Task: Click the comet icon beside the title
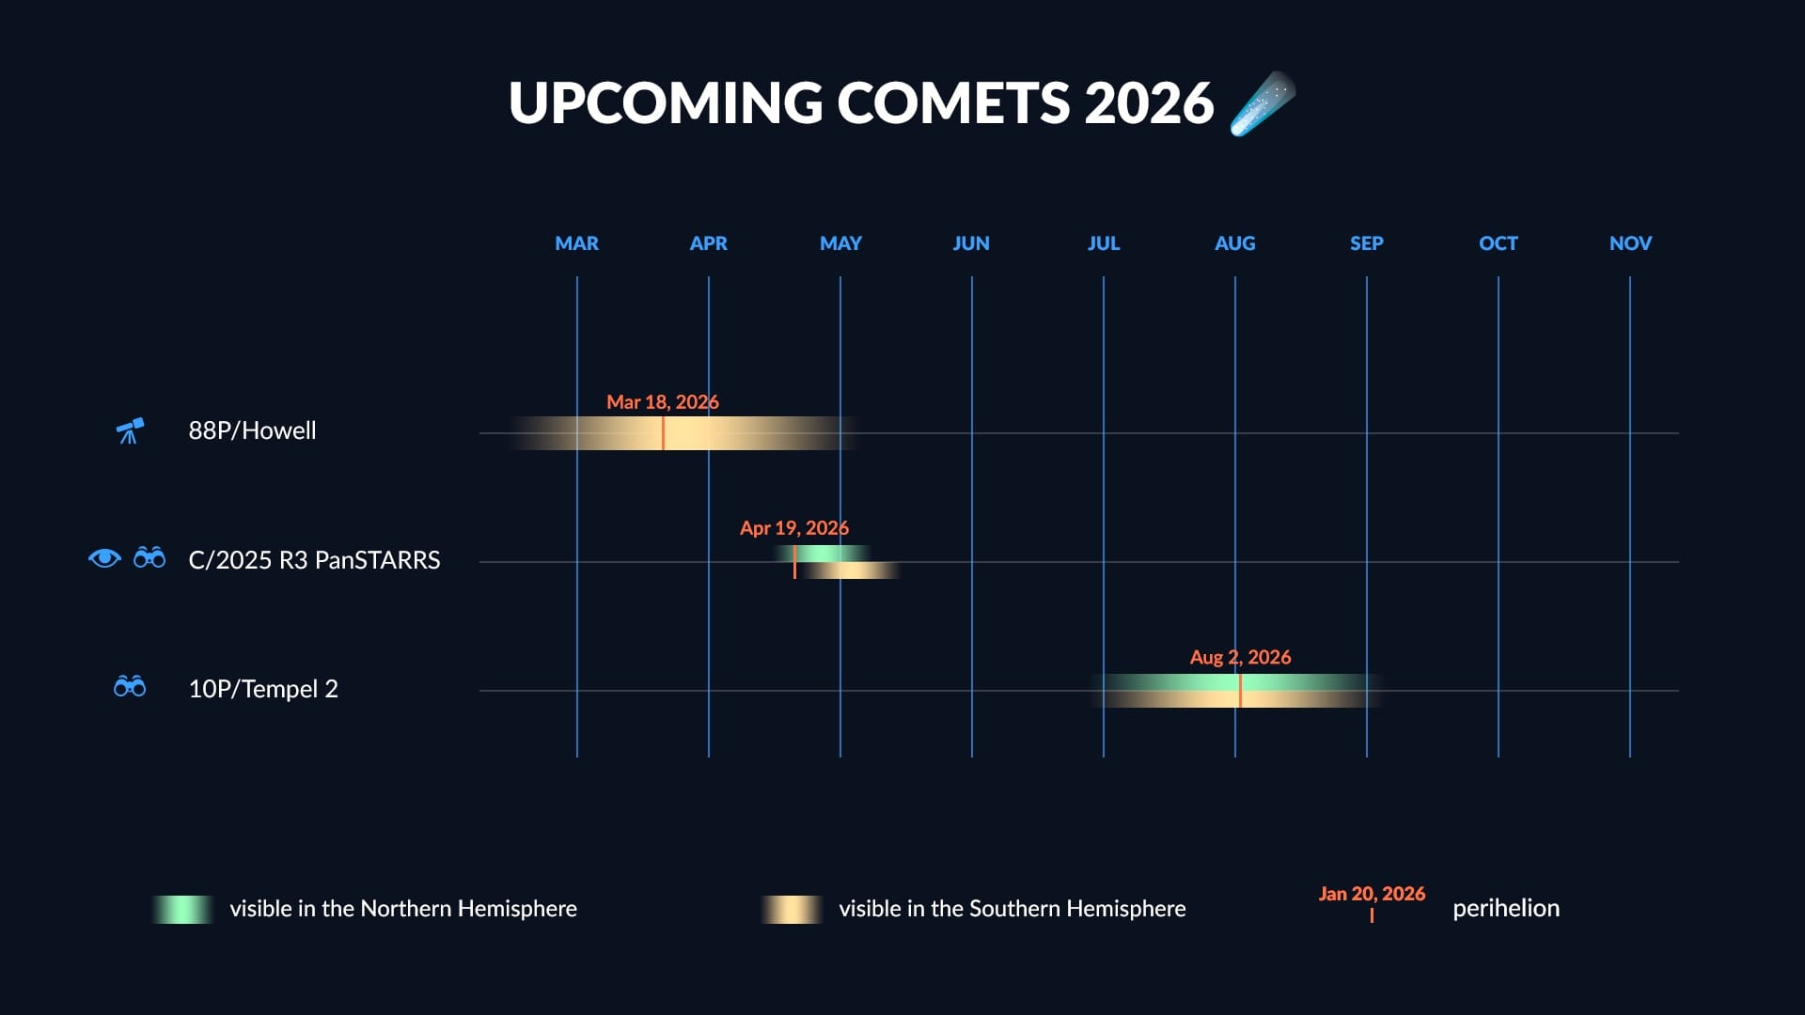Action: click(1263, 103)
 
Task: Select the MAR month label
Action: click(576, 243)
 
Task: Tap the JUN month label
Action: click(971, 243)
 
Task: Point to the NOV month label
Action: click(1630, 243)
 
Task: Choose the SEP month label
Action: click(1366, 243)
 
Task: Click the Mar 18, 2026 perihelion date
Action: click(662, 402)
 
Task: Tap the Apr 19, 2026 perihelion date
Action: click(793, 528)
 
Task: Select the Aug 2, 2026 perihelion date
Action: click(1240, 657)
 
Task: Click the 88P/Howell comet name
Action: click(252, 430)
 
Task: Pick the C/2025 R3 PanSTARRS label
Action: click(314, 560)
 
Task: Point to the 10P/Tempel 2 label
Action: click(263, 689)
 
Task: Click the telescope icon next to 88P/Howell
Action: click(130, 430)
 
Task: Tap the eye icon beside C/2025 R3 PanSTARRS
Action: click(104, 558)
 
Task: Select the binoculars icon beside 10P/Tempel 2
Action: click(130, 687)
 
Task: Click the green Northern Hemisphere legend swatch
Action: click(183, 909)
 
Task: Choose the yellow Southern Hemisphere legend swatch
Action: click(792, 909)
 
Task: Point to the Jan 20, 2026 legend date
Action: click(1372, 894)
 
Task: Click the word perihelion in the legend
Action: click(1506, 908)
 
